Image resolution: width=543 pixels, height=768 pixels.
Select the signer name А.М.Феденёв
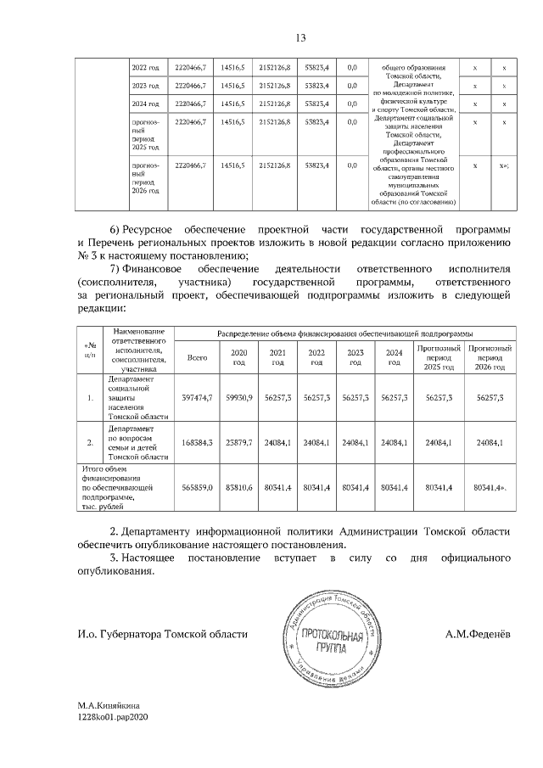pyautogui.click(x=477, y=634)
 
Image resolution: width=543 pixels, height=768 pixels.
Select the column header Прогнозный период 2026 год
pyautogui.click(x=490, y=357)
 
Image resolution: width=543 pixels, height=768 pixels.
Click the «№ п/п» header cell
pyautogui.click(x=90, y=349)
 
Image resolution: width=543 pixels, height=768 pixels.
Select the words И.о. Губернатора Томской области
pyautogui.click(x=162, y=634)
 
